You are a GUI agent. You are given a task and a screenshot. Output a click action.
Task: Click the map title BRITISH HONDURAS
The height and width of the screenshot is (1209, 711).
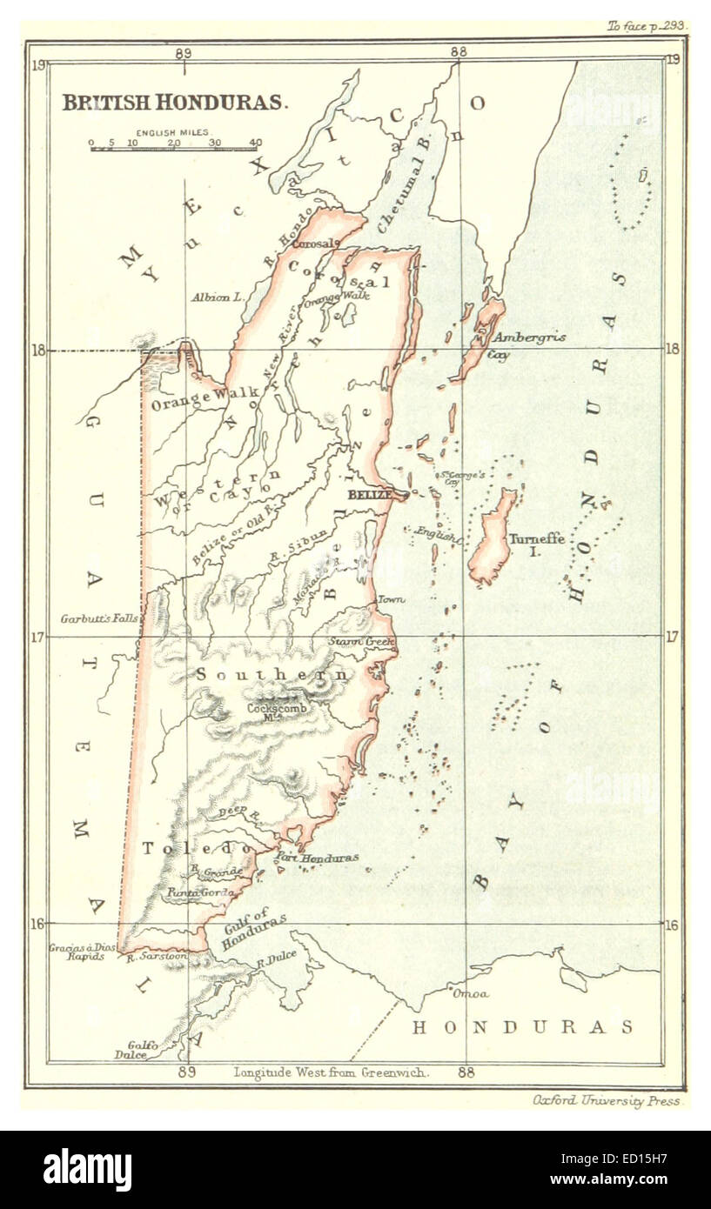pyautogui.click(x=174, y=102)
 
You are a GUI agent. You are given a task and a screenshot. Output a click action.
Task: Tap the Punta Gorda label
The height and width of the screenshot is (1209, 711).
pyautogui.click(x=195, y=892)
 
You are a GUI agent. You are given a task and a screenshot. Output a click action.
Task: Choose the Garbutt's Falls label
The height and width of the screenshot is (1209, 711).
pyautogui.click(x=98, y=619)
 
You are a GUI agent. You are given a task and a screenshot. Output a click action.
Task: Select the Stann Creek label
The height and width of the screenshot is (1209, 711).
pyautogui.click(x=361, y=642)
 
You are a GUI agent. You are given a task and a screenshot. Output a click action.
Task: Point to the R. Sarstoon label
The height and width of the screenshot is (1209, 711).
pyautogui.click(x=146, y=958)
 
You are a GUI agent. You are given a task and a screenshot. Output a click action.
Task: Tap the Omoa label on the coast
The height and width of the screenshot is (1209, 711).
pyautogui.click(x=470, y=993)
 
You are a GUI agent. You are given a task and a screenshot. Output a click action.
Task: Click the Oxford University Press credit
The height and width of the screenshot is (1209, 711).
pyautogui.click(x=607, y=1101)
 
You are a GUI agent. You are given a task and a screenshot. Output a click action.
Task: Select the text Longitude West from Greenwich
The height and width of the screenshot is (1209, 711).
pyautogui.click(x=331, y=1072)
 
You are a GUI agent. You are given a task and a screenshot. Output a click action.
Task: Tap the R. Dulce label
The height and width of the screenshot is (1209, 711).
pyautogui.click(x=277, y=957)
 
